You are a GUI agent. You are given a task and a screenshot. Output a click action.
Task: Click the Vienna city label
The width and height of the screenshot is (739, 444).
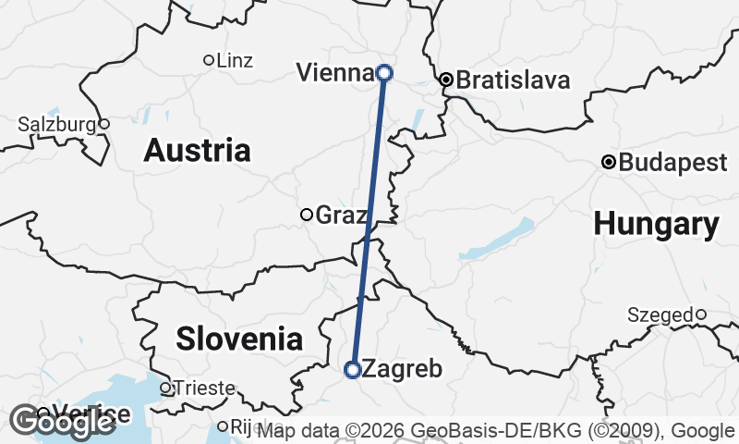(334, 72)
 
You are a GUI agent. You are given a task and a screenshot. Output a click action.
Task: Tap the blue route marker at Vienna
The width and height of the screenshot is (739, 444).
(384, 72)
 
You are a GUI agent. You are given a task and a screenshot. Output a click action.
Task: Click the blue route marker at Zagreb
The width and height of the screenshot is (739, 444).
(352, 370)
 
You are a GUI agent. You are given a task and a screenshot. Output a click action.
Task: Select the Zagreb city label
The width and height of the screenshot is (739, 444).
(398, 369)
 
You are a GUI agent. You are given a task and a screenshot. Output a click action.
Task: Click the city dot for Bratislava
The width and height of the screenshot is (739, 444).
(446, 80)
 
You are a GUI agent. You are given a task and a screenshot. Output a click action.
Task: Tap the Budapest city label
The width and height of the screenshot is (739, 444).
(672, 163)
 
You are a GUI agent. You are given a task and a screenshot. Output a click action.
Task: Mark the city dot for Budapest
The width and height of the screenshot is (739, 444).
(609, 163)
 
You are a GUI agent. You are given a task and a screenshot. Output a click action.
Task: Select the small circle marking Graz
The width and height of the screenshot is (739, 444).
(307, 215)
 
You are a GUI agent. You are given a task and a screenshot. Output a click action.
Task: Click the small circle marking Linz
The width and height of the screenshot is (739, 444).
(208, 60)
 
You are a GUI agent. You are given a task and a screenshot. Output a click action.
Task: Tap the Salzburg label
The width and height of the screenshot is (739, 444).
(56, 124)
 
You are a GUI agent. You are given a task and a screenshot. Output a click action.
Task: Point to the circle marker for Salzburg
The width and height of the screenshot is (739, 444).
(104, 124)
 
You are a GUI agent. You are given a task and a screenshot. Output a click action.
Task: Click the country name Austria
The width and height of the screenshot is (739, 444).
(197, 150)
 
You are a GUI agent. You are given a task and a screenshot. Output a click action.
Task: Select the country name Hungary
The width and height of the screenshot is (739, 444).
(656, 223)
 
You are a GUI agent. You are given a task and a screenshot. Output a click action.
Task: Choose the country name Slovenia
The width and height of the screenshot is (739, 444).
(239, 339)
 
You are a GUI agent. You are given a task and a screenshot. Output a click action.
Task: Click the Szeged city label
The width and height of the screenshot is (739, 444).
(660, 314)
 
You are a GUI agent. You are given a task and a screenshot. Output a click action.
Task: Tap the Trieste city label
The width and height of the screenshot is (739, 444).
(204, 388)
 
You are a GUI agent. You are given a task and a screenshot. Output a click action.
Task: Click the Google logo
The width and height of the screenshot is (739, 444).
(63, 422)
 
